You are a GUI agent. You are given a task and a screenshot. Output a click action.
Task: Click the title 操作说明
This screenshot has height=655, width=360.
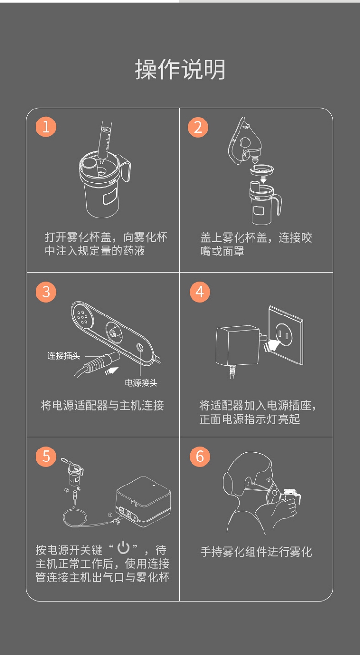click(180, 69)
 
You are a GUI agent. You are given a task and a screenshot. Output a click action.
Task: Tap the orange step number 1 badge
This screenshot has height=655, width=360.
click(46, 127)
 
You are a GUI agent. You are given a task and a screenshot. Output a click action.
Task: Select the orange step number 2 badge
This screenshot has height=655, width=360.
click(198, 127)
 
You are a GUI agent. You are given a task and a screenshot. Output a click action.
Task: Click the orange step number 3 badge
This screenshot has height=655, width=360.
click(46, 292)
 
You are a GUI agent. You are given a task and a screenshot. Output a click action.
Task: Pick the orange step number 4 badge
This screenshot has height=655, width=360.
click(200, 292)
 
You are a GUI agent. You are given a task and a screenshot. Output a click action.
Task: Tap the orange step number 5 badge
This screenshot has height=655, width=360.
click(46, 457)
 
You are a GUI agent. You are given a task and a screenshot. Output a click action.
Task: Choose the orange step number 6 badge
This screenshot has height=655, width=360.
click(200, 457)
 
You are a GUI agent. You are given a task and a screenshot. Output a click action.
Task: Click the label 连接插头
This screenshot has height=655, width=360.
click(64, 356)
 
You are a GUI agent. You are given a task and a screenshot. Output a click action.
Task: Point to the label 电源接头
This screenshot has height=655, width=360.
click(141, 383)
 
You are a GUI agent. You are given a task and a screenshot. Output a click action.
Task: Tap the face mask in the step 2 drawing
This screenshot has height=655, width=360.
click(244, 141)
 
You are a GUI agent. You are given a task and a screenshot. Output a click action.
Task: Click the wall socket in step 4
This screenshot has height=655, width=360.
click(286, 335)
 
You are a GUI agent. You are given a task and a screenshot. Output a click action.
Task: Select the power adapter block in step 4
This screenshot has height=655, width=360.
click(237, 345)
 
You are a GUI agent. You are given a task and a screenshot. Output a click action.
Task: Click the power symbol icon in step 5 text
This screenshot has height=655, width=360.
click(123, 547)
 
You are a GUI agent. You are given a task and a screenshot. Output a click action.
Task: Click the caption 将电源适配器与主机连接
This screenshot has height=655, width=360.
click(102, 405)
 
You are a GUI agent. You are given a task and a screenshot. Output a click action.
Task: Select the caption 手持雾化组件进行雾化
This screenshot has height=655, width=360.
click(256, 552)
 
